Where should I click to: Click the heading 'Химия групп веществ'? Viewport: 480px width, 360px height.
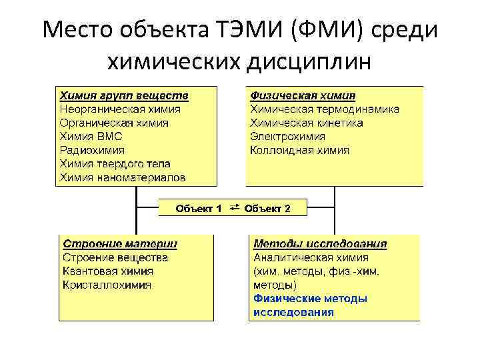124,95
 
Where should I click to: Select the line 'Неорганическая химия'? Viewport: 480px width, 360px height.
120,109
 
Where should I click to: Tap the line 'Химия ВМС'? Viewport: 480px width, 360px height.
92,137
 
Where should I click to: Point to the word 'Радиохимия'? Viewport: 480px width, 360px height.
92,150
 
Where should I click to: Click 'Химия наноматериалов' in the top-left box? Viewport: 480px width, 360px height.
123,177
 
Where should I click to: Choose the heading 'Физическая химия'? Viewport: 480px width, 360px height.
303,95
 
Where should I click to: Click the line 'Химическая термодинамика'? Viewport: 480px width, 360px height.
325,109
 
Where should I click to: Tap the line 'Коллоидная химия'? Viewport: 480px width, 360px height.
299,150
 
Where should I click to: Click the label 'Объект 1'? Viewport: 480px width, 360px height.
199,209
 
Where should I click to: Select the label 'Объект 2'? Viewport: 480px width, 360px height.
267,209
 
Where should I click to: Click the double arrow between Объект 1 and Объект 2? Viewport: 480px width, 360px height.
234,209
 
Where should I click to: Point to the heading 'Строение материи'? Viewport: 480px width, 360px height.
120,243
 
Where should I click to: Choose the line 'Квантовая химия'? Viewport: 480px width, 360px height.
108,271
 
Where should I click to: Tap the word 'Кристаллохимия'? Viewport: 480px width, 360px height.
107,285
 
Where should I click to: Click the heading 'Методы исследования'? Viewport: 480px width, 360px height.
320,243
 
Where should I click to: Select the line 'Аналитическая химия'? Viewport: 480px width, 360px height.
311,257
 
